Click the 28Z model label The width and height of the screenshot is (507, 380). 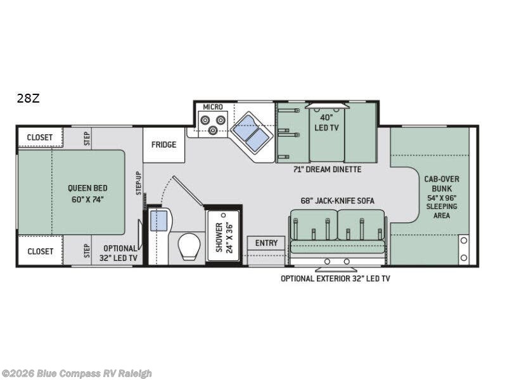pyautogui.click(x=28, y=98)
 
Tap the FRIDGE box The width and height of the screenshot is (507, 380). pyautogui.click(x=164, y=145)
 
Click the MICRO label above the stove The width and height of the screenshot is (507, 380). pyautogui.click(x=213, y=106)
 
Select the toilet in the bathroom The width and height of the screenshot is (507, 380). pyautogui.click(x=189, y=246)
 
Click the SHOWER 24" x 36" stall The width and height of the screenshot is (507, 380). pyautogui.click(x=223, y=236)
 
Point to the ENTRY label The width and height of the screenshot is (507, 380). pyautogui.click(x=266, y=243)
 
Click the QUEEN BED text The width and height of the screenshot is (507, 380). pyautogui.click(x=87, y=188)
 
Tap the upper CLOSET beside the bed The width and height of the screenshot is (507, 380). pyautogui.click(x=40, y=137)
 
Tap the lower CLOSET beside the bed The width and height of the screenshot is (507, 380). pyautogui.click(x=40, y=251)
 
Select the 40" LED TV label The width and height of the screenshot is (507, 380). pyautogui.click(x=326, y=122)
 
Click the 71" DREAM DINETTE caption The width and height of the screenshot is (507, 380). pyautogui.click(x=327, y=169)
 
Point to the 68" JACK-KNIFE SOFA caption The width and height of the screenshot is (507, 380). pyautogui.click(x=338, y=201)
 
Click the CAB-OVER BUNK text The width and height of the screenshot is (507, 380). pyautogui.click(x=442, y=184)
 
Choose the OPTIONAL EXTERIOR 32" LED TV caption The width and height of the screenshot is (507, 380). pyautogui.click(x=335, y=279)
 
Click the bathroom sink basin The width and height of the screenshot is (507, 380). pyautogui.click(x=159, y=220)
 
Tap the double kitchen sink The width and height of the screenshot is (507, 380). pyautogui.click(x=251, y=132)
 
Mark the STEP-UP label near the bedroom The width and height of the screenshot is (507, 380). pyautogui.click(x=139, y=183)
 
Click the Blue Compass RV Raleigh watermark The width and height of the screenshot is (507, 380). pyautogui.click(x=76, y=374)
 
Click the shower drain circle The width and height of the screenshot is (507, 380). pyautogui.click(x=222, y=215)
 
